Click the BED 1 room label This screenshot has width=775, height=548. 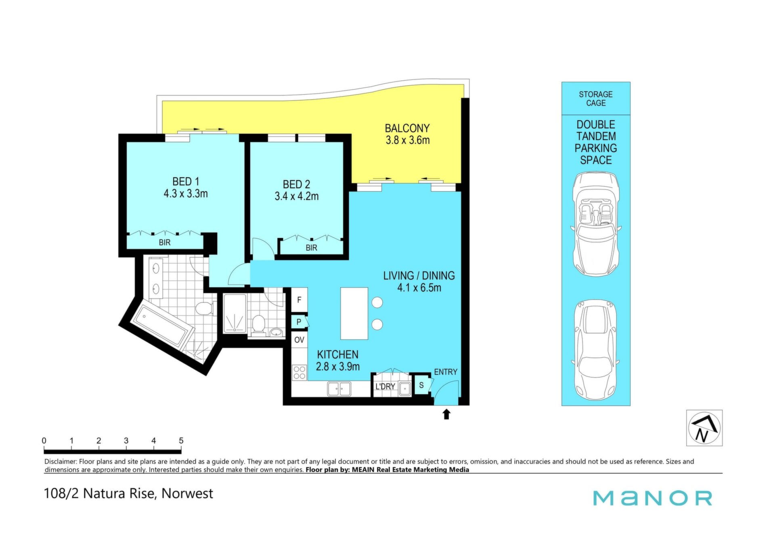point(186,182)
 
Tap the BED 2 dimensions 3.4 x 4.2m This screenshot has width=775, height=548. point(297,196)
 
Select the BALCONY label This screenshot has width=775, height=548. point(407,128)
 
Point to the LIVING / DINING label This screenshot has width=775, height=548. point(419,276)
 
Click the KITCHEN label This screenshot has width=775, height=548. point(337,355)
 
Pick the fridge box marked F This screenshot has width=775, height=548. point(299,300)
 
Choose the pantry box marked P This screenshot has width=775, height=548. point(299,322)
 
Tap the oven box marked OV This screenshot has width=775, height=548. point(299,340)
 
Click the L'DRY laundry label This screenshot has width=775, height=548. point(385,386)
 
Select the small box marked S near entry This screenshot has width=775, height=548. point(421,385)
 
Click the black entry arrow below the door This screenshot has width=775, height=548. point(446,414)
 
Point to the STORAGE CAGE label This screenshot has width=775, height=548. point(596,99)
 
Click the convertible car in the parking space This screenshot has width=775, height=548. point(596,224)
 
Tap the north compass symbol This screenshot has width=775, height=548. point(704,428)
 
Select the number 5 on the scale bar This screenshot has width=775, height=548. point(181,441)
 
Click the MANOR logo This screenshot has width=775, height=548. point(653,498)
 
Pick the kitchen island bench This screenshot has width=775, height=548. point(354,313)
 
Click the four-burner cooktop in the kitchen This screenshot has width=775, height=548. point(300,372)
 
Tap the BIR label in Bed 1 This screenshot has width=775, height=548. point(165,242)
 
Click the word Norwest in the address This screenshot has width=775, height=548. point(187,493)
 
